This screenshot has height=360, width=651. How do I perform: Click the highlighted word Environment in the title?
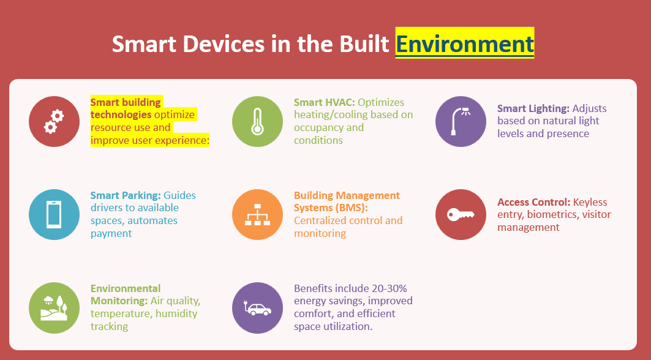point(465,43)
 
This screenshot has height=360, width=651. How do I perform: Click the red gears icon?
point(54,122)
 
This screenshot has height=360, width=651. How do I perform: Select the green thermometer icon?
point(257,122)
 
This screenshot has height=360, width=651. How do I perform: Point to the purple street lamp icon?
point(461,122)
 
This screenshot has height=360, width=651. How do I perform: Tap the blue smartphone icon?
point(54,215)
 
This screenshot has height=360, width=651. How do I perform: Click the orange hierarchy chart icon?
point(257,215)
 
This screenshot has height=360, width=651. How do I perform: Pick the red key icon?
point(461,215)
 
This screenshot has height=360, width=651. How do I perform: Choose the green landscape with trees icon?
point(54,308)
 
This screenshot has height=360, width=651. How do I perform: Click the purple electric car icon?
point(257,308)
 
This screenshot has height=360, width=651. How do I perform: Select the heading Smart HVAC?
point(324,103)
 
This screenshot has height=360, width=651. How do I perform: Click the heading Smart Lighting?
point(533,109)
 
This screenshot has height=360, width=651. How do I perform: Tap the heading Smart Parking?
point(126,195)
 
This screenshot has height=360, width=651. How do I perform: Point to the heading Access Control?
point(534,202)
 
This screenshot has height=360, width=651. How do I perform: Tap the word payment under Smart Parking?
point(111,234)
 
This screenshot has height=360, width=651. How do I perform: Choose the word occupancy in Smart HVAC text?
point(319,128)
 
